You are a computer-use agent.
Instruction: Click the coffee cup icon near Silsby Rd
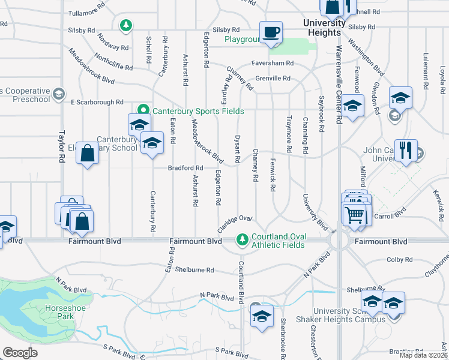point(271,32)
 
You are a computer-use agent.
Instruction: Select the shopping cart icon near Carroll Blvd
point(355,213)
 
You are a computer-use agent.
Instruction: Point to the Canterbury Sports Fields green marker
point(143,111)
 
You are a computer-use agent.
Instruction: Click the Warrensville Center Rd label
point(339,85)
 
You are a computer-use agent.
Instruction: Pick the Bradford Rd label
point(190,168)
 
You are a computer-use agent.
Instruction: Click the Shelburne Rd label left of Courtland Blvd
point(194,270)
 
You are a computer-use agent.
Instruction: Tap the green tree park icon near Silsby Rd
point(126,25)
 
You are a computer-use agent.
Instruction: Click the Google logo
point(20,353)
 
